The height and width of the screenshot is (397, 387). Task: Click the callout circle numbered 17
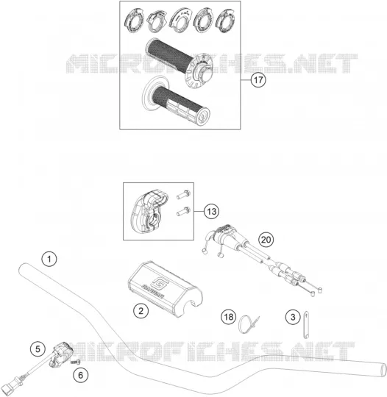coord(258,80)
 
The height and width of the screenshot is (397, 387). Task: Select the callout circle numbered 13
coord(212,211)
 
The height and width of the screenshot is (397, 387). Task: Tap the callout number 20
coord(266,240)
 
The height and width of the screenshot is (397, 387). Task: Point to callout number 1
coord(49,259)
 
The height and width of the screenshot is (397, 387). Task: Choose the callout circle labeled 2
coord(141,311)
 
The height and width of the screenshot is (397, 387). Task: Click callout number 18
coord(228,317)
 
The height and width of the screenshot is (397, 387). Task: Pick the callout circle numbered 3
coord(293,317)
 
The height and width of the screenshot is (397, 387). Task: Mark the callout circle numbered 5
coord(38,349)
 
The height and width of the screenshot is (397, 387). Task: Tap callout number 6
coord(81,375)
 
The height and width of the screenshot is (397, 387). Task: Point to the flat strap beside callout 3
coord(306,324)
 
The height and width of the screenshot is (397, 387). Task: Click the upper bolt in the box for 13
coord(183,194)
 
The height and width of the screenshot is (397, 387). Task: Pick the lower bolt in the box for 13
coord(183,212)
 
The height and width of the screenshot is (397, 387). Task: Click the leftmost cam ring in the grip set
coord(133,21)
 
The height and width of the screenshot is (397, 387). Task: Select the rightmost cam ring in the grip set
coord(225,21)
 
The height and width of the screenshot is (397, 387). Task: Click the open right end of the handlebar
coord(383,371)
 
